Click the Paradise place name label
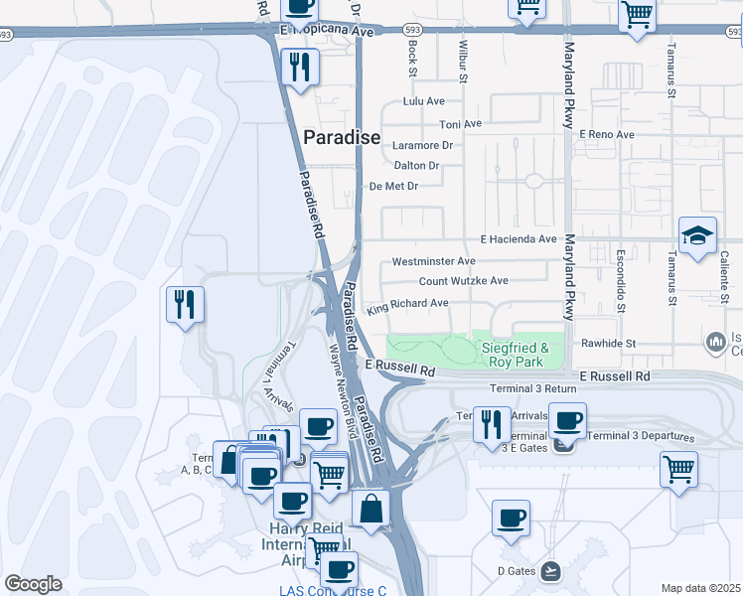click(x=342, y=138)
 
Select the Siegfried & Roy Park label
click(x=515, y=355)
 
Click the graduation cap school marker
click(x=697, y=235)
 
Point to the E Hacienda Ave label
click(x=519, y=239)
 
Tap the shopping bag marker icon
click(x=371, y=509)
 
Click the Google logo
click(x=33, y=583)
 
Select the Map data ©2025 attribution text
click(x=700, y=588)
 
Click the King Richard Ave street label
click(x=408, y=306)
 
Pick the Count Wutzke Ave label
click(x=463, y=281)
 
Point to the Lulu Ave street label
click(x=423, y=101)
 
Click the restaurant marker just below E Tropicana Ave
click(x=298, y=68)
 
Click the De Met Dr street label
click(x=394, y=186)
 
